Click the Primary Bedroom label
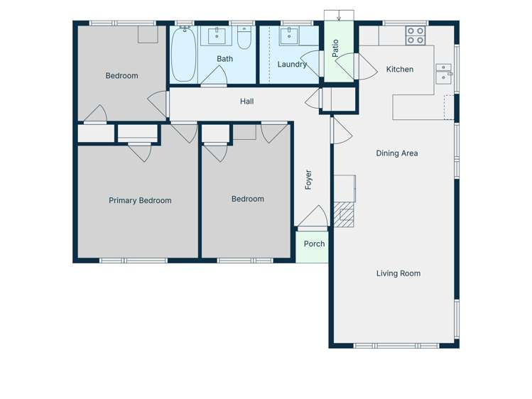click(x=140, y=201)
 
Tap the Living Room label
click(x=398, y=273)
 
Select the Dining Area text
click(x=396, y=153)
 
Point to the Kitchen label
click(x=399, y=70)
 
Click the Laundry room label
click(x=292, y=65)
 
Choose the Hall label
click(x=246, y=102)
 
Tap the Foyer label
click(x=308, y=180)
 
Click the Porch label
click(x=314, y=244)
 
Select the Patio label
click(x=335, y=48)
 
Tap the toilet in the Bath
click(x=244, y=38)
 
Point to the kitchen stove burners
click(x=416, y=35)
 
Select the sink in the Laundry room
click(x=290, y=36)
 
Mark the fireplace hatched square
click(x=346, y=217)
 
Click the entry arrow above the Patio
click(x=340, y=16)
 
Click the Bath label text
click(x=224, y=59)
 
